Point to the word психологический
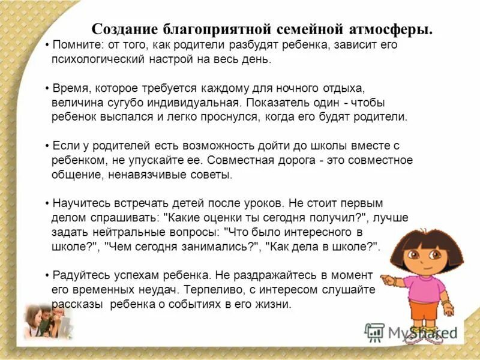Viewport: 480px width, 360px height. coord(92,60)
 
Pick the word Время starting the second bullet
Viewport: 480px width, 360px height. coord(71,88)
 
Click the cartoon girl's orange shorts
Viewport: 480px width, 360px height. coord(425,312)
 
